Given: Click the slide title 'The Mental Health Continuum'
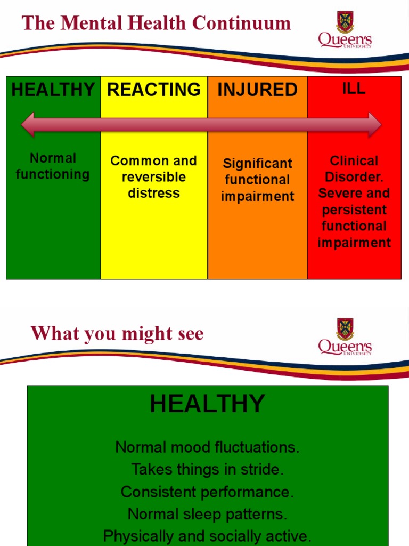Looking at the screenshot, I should click(x=156, y=23).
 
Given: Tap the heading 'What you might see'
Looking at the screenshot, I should click(x=117, y=334).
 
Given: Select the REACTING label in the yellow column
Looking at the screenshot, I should click(x=154, y=89).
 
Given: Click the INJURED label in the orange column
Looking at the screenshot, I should click(x=257, y=90).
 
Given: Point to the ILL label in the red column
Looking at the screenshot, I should click(x=354, y=88).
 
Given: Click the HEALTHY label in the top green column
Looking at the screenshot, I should click(x=53, y=90).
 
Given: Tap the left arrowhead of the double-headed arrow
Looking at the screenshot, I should click(x=28, y=125).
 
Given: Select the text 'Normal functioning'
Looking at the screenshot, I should click(x=53, y=166).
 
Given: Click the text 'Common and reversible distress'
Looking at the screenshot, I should click(x=153, y=177).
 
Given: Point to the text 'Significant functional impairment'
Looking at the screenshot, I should click(x=257, y=180).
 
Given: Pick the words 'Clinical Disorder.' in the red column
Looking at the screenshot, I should click(x=354, y=169).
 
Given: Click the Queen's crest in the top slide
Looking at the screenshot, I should click(x=345, y=22).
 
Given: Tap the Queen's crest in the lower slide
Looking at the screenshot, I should click(x=345, y=329).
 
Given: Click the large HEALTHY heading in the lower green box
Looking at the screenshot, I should click(x=207, y=404).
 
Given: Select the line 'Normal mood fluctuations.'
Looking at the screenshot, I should click(x=207, y=447).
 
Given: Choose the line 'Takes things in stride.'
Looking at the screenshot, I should click(x=207, y=469).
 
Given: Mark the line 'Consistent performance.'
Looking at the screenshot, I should click(x=207, y=492).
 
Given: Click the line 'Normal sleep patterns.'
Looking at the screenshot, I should click(x=207, y=514).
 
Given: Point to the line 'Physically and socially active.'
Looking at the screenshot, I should click(x=207, y=535).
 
